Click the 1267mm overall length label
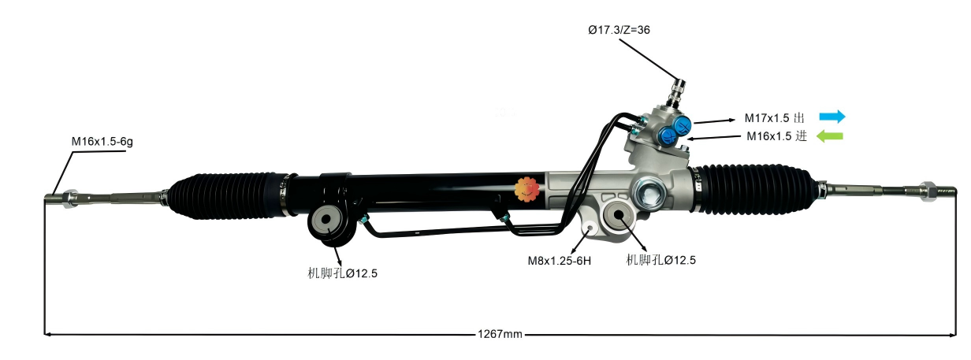[500, 335]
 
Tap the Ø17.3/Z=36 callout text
[619, 30]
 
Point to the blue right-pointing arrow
[831, 117]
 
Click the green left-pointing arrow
[829, 136]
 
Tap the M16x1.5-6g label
[98, 142]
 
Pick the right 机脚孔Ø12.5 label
[661, 259]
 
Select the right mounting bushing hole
[619, 215]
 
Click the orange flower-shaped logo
[525, 190]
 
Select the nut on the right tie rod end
[927, 189]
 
